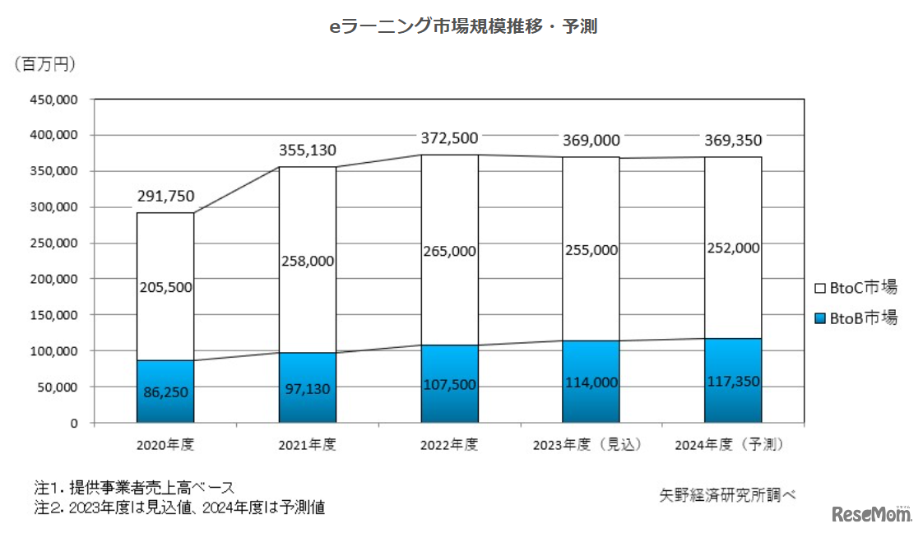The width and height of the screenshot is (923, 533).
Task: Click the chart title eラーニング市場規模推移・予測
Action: click(x=462, y=27)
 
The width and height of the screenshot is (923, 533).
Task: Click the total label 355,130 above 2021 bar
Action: click(x=307, y=151)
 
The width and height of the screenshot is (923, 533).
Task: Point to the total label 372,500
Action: click(x=449, y=138)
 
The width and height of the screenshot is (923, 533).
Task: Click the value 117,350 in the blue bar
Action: click(x=732, y=382)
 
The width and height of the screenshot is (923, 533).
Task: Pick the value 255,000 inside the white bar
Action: click(x=591, y=250)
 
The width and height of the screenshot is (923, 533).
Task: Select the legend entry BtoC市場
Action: click(x=855, y=288)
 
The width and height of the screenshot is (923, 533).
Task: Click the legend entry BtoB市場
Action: click(x=855, y=317)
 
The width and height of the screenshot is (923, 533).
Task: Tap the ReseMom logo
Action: click(x=872, y=514)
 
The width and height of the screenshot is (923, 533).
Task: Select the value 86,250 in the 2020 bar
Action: click(x=165, y=393)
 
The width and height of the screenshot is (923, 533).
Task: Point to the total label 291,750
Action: click(x=165, y=197)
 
